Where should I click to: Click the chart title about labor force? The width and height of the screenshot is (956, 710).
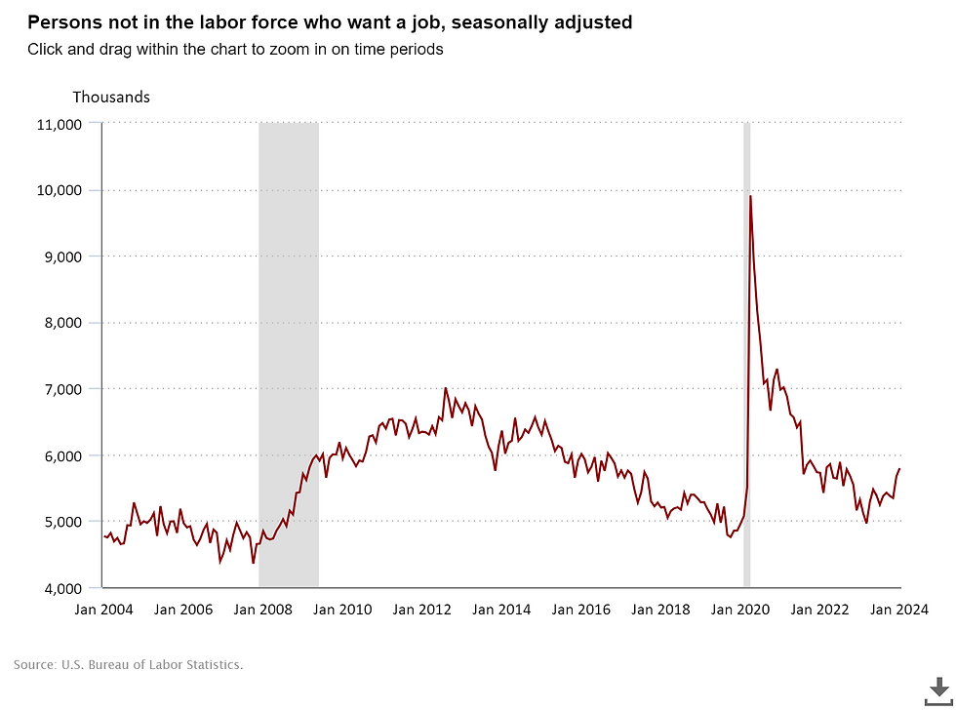pyautogui.click(x=330, y=21)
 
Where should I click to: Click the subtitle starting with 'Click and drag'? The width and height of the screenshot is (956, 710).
pyautogui.click(x=235, y=49)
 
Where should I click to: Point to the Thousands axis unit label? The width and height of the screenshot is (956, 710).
pyautogui.click(x=111, y=97)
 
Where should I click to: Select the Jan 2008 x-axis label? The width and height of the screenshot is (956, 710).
pyautogui.click(x=264, y=610)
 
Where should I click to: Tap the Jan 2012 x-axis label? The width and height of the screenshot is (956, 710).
pyautogui.click(x=423, y=610)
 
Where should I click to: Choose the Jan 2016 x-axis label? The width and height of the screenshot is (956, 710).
pyautogui.click(x=581, y=610)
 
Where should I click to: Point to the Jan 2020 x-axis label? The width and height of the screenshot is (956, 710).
pyautogui.click(x=740, y=610)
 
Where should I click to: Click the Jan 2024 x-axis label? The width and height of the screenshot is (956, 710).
pyautogui.click(x=899, y=610)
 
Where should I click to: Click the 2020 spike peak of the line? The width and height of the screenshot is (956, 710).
pyautogui.click(x=750, y=197)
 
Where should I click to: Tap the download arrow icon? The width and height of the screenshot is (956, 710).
pyautogui.click(x=938, y=689)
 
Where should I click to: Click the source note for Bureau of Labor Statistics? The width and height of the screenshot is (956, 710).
pyautogui.click(x=128, y=665)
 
